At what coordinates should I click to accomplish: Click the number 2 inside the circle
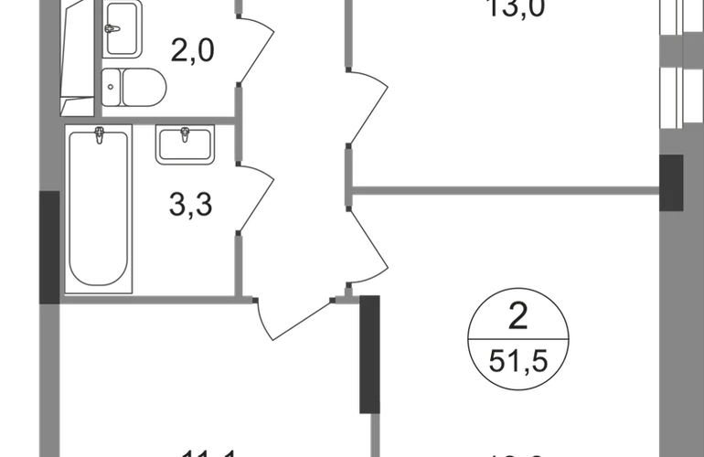coord(518,319)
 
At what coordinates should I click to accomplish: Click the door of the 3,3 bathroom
coord(257,197)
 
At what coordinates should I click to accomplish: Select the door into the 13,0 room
coord(370,105)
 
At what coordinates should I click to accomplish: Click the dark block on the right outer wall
coord(672,183)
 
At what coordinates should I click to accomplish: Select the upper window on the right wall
coord(676,27)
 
